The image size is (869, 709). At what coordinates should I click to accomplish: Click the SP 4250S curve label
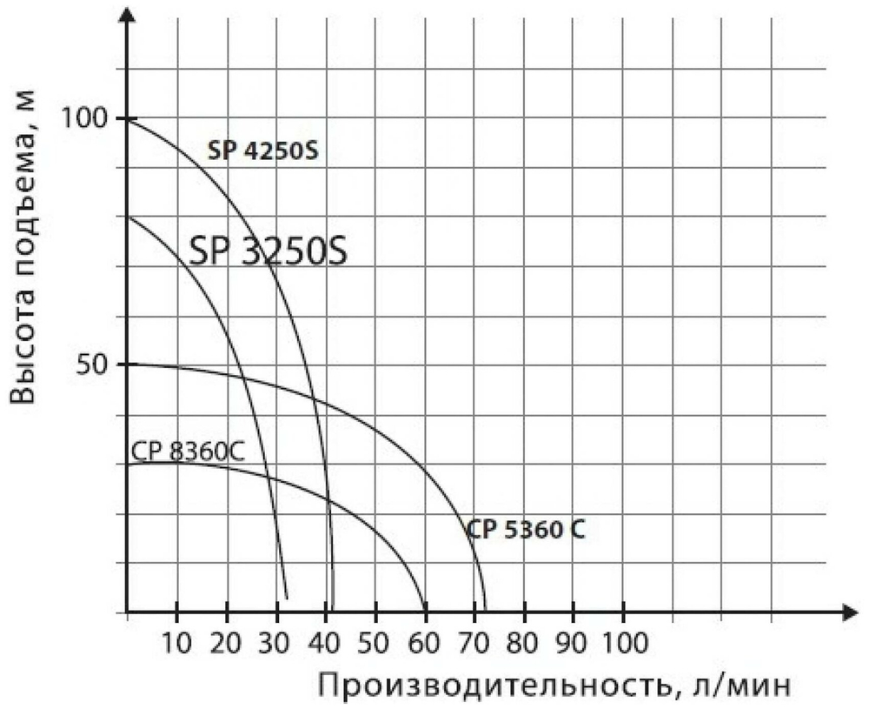coord(263,151)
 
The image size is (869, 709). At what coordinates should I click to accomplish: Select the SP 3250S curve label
coord(269,251)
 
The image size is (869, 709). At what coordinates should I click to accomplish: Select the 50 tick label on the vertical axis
coord(93,365)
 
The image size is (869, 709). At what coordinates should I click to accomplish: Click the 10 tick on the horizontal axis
coord(176,645)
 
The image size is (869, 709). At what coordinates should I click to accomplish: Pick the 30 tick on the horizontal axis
coord(275,645)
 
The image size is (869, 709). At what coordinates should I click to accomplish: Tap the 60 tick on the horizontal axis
coord(424,645)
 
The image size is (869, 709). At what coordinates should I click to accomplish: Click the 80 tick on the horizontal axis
coord(523,645)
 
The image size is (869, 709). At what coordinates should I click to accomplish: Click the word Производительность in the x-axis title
coord(486,686)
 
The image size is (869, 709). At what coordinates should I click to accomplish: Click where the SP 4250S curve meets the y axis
coord(128,118)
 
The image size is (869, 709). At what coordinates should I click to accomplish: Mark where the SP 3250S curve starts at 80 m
coord(128,217)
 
